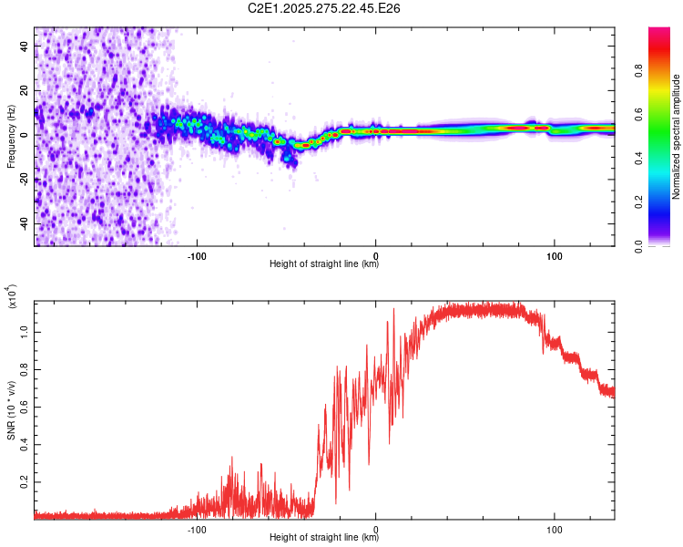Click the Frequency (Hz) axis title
coord(11,137)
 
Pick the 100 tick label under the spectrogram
coord(554,254)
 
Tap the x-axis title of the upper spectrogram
coord(324,264)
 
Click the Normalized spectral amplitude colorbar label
coord(677,137)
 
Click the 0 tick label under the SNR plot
coord(376,528)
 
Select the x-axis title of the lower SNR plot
coord(324,538)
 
